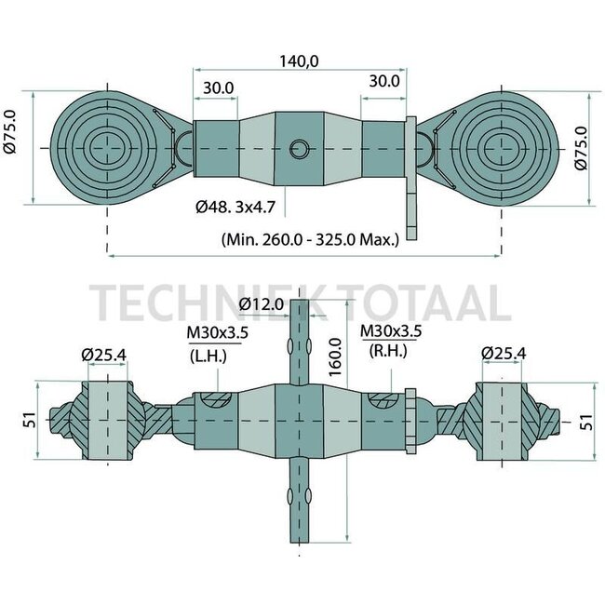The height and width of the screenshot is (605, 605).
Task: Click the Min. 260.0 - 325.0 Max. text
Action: coord(310,238)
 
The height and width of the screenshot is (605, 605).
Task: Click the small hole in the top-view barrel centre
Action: coord(300,148)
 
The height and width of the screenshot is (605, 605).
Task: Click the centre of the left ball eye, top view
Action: coord(110,148)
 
